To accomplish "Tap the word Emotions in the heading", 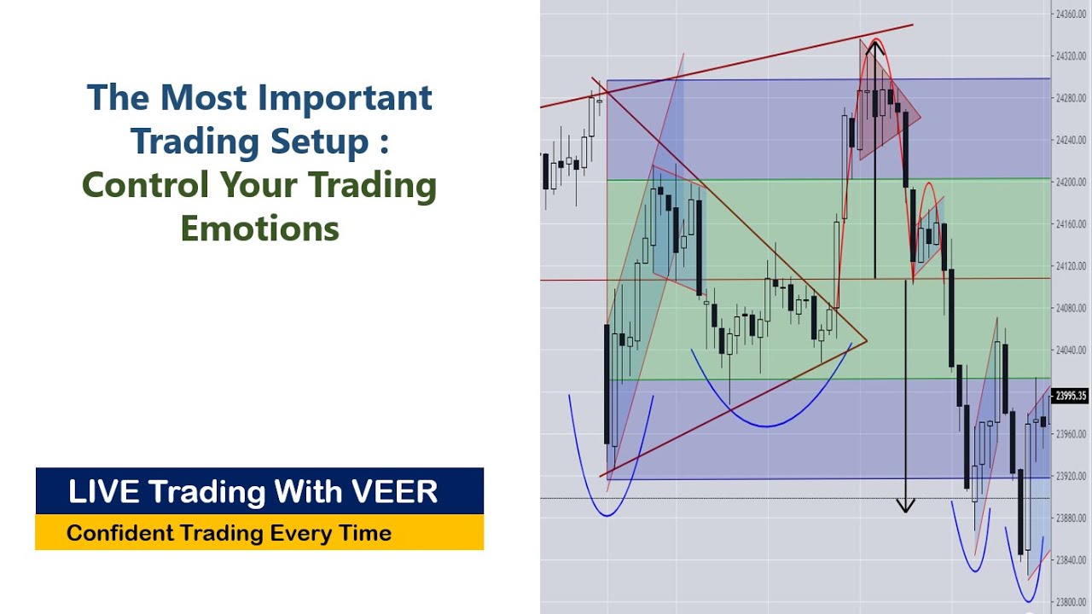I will (259, 228).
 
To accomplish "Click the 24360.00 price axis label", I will (1070, 14).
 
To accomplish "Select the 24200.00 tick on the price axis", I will (1070, 182).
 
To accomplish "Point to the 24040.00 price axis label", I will (1070, 350).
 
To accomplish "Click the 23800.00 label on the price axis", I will (1070, 602).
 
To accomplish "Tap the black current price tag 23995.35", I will (1071, 396).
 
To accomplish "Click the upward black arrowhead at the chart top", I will (874, 47).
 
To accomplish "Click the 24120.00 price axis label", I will (1070, 266).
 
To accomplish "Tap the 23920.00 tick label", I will (1070, 476).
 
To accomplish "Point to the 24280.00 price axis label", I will (1070, 98).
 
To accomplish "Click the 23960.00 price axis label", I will (1070, 434).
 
